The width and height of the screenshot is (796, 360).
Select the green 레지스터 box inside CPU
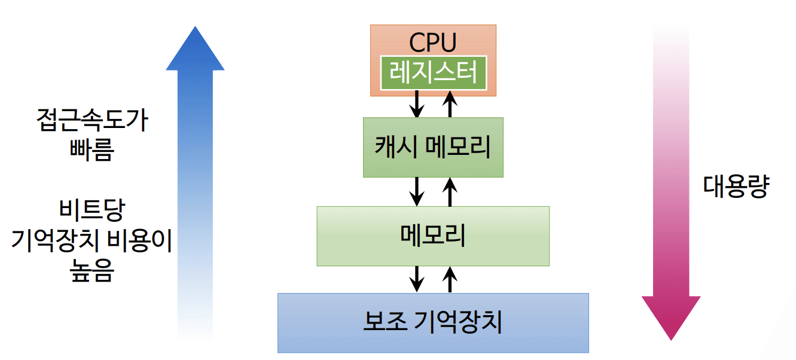(434, 73)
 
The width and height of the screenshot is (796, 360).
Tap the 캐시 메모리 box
(433, 147)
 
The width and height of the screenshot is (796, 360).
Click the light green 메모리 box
(432, 236)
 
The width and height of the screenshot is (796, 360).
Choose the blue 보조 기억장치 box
(433, 323)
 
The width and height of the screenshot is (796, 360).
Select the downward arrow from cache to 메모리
(417, 191)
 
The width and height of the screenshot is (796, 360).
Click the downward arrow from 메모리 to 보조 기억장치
(417, 279)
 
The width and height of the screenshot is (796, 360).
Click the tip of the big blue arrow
(195, 30)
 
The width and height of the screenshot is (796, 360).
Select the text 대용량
(735, 188)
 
